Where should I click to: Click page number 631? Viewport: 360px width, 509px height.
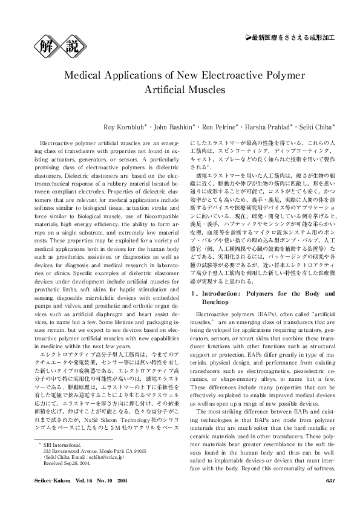click(330, 497)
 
